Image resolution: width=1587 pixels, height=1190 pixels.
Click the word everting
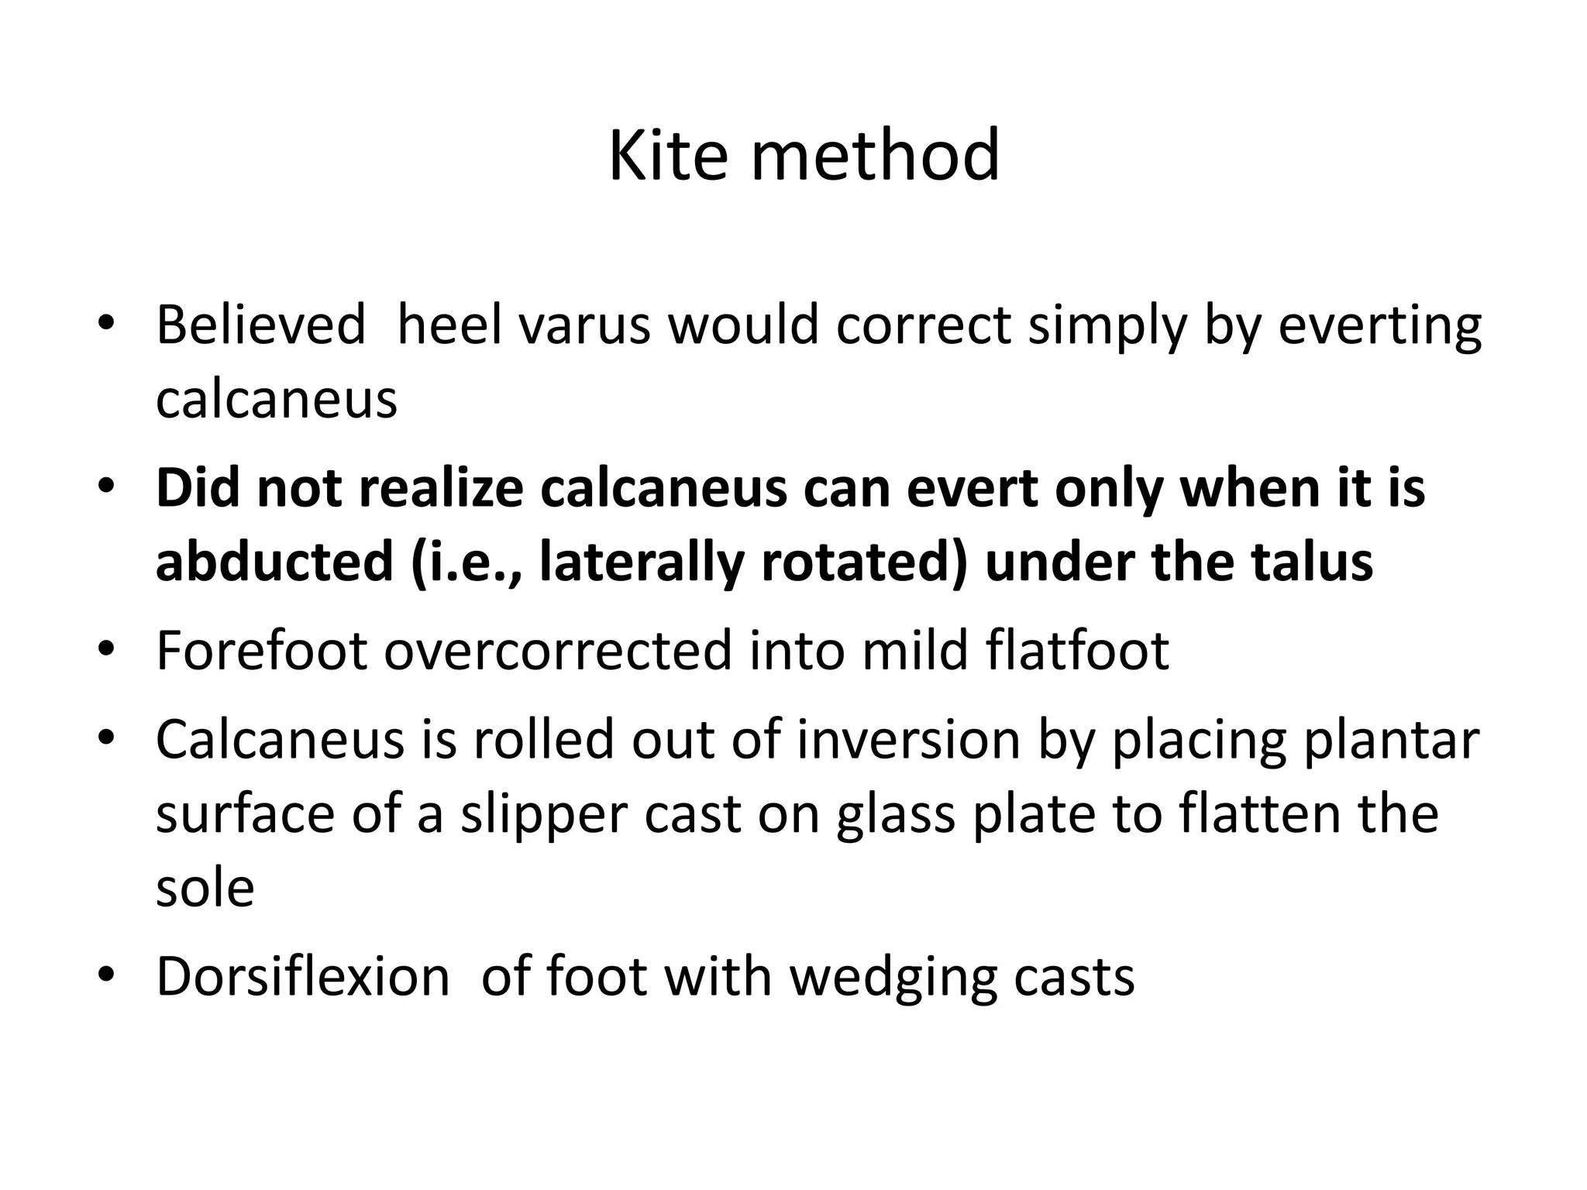tap(1379, 327)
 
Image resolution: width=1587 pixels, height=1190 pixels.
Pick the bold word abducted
tap(274, 562)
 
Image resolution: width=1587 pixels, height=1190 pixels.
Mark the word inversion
tap(908, 739)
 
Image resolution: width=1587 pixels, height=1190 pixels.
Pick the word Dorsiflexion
tap(303, 976)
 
